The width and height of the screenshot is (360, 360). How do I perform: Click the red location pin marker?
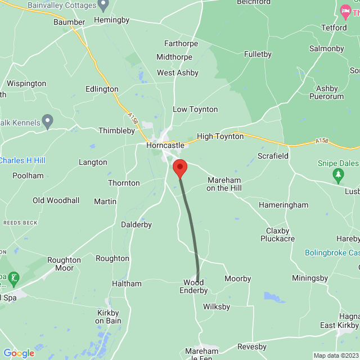pyautogui.click(x=179, y=168)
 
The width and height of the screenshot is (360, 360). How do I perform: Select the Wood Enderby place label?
pyautogui.click(x=193, y=286)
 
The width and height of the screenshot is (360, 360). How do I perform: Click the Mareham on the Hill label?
pyautogui.click(x=224, y=184)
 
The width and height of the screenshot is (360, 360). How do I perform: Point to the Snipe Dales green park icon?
pyautogui.click(x=338, y=177)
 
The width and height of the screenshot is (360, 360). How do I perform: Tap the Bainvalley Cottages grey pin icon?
pyautogui.click(x=103, y=5)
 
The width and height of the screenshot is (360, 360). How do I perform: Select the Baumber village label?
pyautogui.click(x=69, y=22)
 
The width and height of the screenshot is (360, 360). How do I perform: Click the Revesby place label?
pyautogui.click(x=251, y=346)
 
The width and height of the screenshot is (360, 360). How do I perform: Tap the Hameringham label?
pyautogui.click(x=283, y=206)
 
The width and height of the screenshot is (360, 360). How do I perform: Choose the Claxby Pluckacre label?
pyautogui.click(x=277, y=235)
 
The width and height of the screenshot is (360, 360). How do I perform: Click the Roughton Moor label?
pyautogui.click(x=64, y=264)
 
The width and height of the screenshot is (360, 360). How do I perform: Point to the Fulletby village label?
pyautogui.click(x=258, y=55)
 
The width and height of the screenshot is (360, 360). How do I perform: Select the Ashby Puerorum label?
pyautogui.click(x=326, y=92)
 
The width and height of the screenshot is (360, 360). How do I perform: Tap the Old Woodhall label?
pyautogui.click(x=56, y=200)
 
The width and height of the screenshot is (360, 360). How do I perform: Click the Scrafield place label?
pyautogui.click(x=273, y=156)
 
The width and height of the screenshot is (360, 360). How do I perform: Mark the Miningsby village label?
pyautogui.click(x=310, y=278)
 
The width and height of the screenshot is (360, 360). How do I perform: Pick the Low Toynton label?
pyautogui.click(x=195, y=109)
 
